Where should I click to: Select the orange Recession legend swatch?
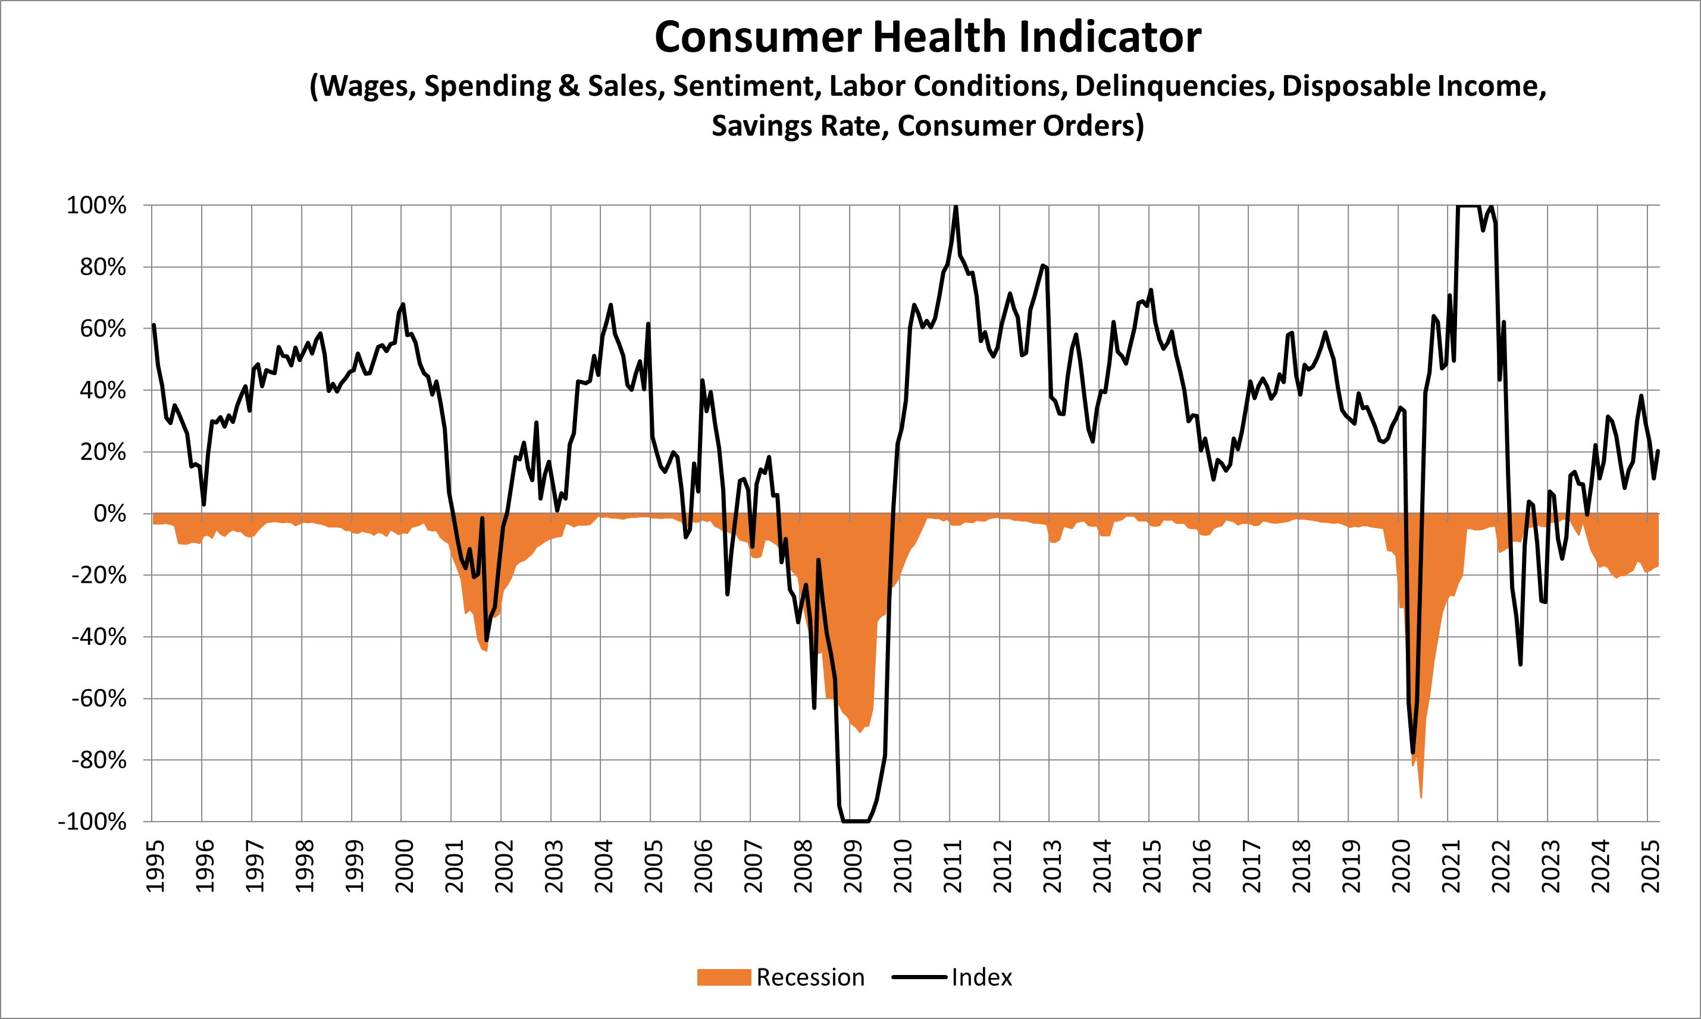723,977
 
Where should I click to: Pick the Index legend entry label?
981,977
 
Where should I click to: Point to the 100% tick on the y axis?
96,205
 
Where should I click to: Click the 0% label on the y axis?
109,514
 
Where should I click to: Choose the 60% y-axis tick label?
103,329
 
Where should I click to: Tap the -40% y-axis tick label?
99,637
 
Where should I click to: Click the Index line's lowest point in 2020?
1413,753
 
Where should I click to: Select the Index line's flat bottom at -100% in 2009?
856,820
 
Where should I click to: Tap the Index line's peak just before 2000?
403,304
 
